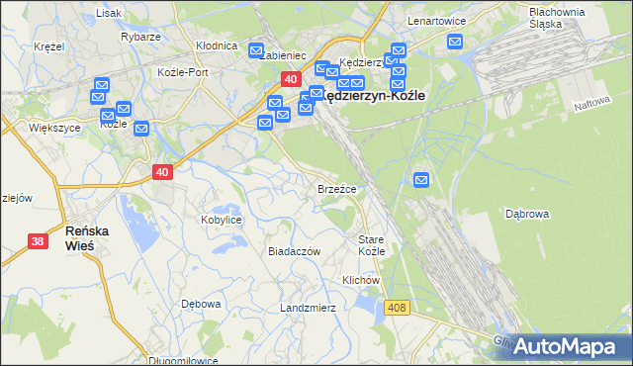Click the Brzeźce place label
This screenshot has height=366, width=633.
tap(336, 188)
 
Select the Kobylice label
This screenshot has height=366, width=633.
tap(222, 220)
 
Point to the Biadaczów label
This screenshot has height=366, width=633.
tap(295, 251)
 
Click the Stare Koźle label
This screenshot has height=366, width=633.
tap(371, 245)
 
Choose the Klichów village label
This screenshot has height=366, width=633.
tap(361, 280)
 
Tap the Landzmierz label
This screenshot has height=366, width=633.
tap(308, 308)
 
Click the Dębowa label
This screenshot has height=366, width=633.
tap(201, 304)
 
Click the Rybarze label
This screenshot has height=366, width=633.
tap(140, 37)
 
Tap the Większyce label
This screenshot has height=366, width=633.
tap(54, 128)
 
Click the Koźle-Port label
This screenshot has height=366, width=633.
tap(183, 72)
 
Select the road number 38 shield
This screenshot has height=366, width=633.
tap(38, 240)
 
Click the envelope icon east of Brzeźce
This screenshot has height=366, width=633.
tap(421, 180)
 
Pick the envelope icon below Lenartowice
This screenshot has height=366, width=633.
tap(454, 42)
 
